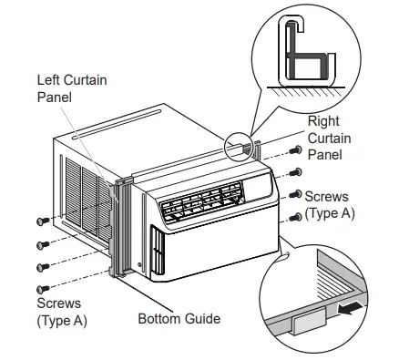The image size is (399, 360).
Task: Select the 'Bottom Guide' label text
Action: click(x=179, y=319)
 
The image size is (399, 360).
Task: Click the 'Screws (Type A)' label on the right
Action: click(x=329, y=204)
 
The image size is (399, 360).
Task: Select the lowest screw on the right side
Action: click(x=294, y=217)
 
